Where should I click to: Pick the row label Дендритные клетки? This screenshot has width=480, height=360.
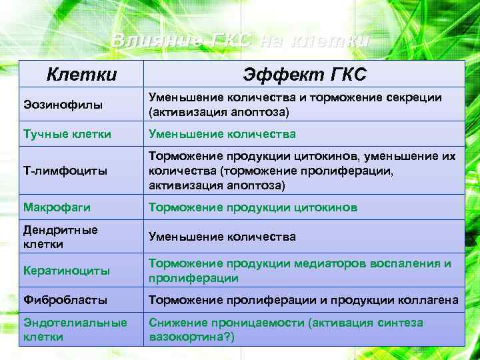click(61, 237)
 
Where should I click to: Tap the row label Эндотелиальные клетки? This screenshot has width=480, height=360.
click(75, 329)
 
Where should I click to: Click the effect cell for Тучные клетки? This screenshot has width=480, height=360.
click(222, 134)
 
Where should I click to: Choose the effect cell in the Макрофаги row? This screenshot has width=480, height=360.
click(253, 207)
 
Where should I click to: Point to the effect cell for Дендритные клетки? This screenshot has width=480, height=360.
click(222, 237)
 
